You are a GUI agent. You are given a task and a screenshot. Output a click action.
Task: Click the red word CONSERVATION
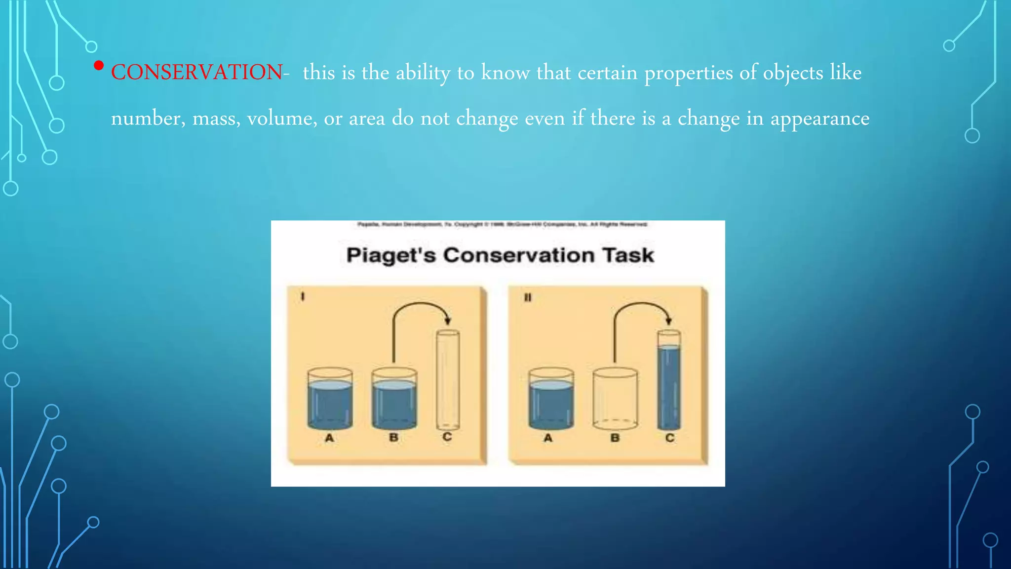click(196, 73)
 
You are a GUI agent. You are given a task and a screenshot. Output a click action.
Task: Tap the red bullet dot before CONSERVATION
click(99, 65)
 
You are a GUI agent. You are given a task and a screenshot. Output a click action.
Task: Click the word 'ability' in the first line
click(423, 73)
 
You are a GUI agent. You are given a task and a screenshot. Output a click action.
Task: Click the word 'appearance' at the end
click(819, 119)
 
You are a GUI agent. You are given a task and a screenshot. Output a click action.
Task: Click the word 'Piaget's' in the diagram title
click(390, 255)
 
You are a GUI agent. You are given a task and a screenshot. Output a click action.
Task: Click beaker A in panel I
click(330, 399)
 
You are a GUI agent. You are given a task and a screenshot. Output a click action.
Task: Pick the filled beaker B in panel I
click(393, 399)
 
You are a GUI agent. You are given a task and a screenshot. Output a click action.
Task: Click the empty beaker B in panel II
click(615, 399)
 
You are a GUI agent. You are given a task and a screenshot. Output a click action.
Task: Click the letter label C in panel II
click(669, 438)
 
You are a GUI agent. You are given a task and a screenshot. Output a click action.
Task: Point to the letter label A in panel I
click(329, 438)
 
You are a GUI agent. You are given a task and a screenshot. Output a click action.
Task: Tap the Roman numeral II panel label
click(527, 297)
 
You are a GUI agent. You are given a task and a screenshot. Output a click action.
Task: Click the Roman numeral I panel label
click(303, 296)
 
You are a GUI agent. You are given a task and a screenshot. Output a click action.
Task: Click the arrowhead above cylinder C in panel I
click(448, 320)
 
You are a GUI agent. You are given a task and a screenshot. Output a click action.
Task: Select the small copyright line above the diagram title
click(502, 224)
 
